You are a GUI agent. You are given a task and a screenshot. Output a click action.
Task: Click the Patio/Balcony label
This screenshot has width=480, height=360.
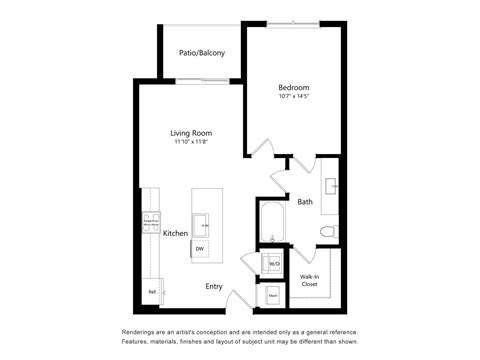[x=201, y=52]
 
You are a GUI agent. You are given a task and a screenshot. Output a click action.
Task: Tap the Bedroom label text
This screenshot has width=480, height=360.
[x=295, y=87]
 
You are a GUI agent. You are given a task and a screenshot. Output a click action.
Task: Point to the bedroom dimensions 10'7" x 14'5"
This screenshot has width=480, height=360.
[x=295, y=97]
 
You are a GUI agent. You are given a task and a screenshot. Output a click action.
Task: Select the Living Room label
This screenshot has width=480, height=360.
[x=191, y=133]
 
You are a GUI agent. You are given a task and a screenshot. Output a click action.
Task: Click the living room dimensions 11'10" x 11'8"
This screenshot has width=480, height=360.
[x=191, y=143]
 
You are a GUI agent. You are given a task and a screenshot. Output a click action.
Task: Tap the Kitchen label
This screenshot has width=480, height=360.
[x=176, y=233]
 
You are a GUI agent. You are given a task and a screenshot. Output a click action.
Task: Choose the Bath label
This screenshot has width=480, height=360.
[x=305, y=202]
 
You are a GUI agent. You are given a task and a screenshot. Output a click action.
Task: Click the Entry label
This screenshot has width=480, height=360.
[x=214, y=286]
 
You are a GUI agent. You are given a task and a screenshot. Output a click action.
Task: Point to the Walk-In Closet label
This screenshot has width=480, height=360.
[x=310, y=280]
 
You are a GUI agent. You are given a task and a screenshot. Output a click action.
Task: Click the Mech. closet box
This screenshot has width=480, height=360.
[x=273, y=296]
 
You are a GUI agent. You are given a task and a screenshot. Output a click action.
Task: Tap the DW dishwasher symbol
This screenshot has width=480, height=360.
[x=201, y=248]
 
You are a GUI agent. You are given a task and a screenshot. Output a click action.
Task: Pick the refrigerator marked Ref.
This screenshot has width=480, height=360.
[x=152, y=292]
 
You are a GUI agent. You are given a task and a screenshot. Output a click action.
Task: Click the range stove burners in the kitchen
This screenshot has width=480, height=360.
[x=152, y=223]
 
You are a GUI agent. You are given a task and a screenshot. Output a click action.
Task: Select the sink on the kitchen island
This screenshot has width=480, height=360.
[x=202, y=221]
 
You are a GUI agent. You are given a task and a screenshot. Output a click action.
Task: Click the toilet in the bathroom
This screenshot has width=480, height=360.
[x=326, y=232]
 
